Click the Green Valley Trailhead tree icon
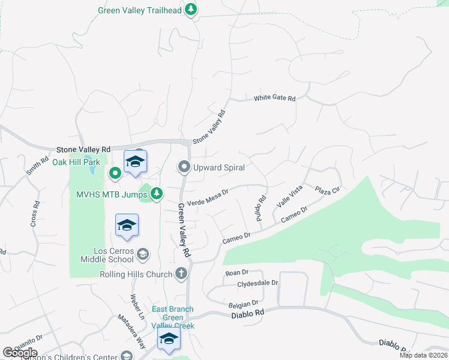pos(191,10)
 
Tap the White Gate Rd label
pos(275,98)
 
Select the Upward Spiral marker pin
pos(184,167)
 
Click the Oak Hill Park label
pos(76,162)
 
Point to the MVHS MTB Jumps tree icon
pos(156,193)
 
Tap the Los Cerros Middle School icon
pos(143,254)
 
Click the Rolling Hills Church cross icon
pos(181,274)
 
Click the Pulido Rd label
pos(261,209)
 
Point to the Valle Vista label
pos(289,196)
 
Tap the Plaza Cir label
pos(327,190)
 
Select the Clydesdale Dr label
pos(258,283)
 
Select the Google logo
pos(20,353)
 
